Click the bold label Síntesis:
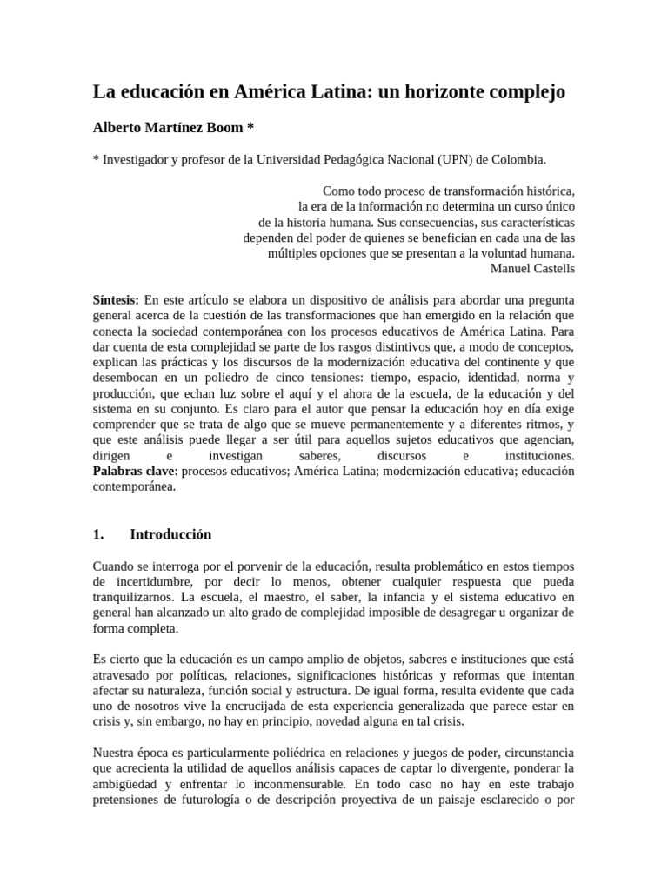(x=116, y=298)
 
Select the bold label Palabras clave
(x=134, y=471)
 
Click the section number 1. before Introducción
(x=98, y=534)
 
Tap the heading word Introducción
(x=170, y=534)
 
